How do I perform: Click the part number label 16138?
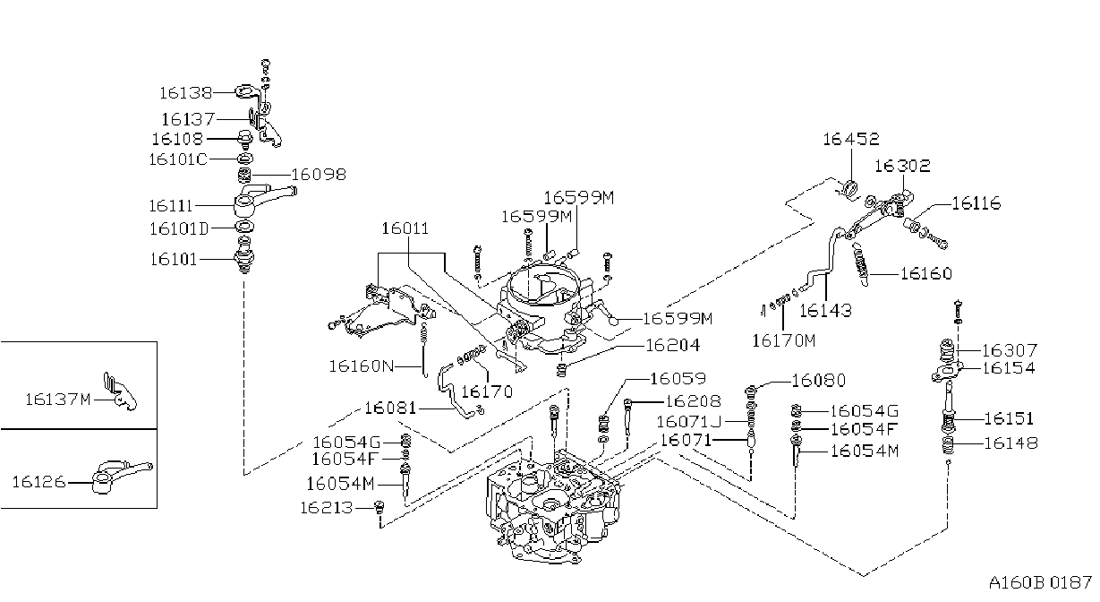pyautogui.click(x=185, y=93)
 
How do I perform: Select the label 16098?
pyautogui.click(x=319, y=175)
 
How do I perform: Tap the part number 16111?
pyautogui.click(x=170, y=205)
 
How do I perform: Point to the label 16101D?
pyautogui.click(x=179, y=228)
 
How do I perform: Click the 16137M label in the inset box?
pyautogui.click(x=58, y=400)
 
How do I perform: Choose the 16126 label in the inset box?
pyautogui.click(x=38, y=482)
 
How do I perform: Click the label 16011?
pyautogui.click(x=405, y=228)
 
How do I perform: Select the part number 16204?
pyautogui.click(x=672, y=346)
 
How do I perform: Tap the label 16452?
pyautogui.click(x=851, y=139)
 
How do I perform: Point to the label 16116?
pyautogui.click(x=976, y=203)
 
